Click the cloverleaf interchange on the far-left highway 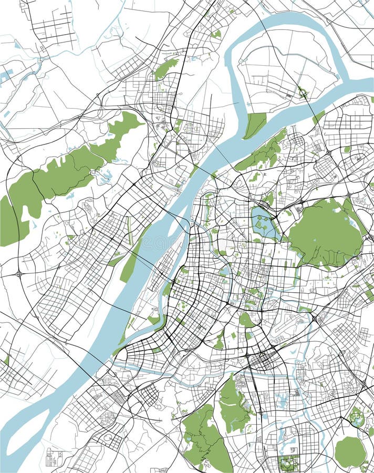[19, 273]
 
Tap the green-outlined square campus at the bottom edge [288, 464]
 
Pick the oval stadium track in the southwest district [108, 437]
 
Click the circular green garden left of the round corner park [356, 418]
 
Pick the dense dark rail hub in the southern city [260, 362]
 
